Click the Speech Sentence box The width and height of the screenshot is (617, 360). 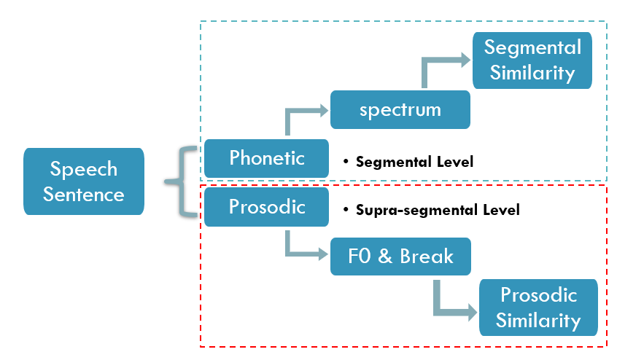pyautogui.click(x=84, y=181)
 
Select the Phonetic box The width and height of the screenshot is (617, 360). pyautogui.click(x=266, y=158)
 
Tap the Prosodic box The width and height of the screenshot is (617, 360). pyautogui.click(x=266, y=207)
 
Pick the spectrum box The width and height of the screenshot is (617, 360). pyautogui.click(x=400, y=110)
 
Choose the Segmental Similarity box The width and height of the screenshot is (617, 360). pyautogui.click(x=532, y=60)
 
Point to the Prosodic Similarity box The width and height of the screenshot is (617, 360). pyautogui.click(x=538, y=308)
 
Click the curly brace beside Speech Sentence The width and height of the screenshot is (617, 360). pyautogui.click(x=181, y=181)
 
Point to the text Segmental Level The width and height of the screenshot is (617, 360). pyautogui.click(x=414, y=162)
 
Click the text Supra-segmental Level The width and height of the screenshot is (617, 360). pyautogui.click(x=438, y=211)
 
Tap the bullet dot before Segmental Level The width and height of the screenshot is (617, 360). pyautogui.click(x=346, y=162)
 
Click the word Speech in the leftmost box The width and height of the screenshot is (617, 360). pyautogui.click(x=84, y=169)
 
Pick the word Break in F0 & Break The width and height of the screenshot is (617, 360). pyautogui.click(x=427, y=257)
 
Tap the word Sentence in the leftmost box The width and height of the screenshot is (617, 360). pyautogui.click(x=84, y=195)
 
